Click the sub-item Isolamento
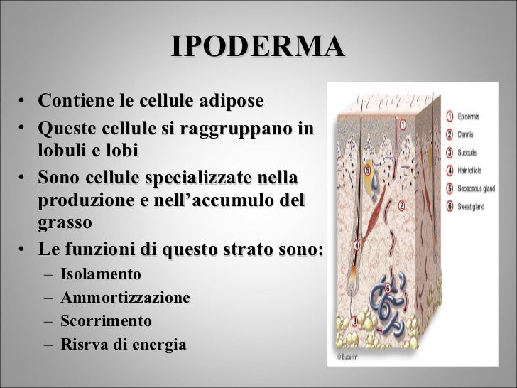coord(101,274)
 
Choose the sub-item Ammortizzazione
coord(125,298)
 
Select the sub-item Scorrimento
coord(106,321)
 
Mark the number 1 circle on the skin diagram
coord(403,124)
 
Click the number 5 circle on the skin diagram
coord(366,171)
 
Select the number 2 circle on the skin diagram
coord(401,205)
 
